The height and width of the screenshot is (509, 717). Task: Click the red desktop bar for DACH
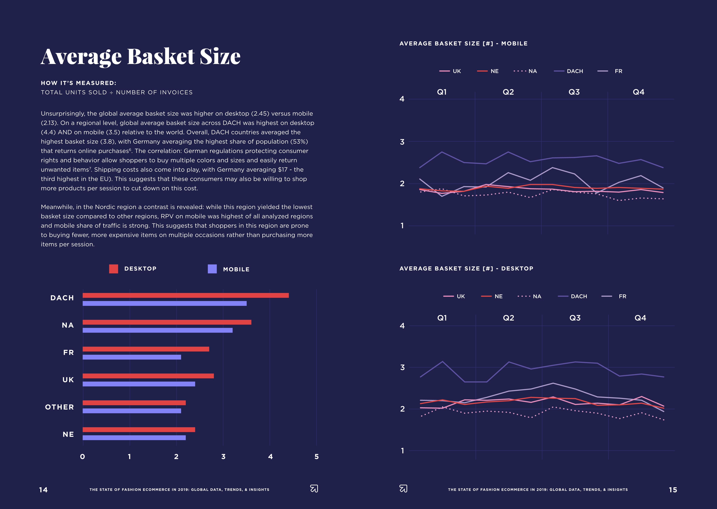[186, 295]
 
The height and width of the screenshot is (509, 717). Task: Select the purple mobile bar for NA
[157, 330]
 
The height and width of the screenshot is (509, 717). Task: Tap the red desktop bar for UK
[148, 376]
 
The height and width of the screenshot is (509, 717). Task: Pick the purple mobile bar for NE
[134, 438]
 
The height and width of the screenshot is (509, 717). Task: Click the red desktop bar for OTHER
[134, 403]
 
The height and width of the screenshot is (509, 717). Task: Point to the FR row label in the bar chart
[68, 352]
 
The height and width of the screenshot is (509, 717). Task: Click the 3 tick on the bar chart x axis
[223, 457]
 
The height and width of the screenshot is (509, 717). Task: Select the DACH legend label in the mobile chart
[575, 71]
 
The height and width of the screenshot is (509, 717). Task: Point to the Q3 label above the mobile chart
[574, 92]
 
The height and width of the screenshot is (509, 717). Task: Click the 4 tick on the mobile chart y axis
[402, 99]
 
